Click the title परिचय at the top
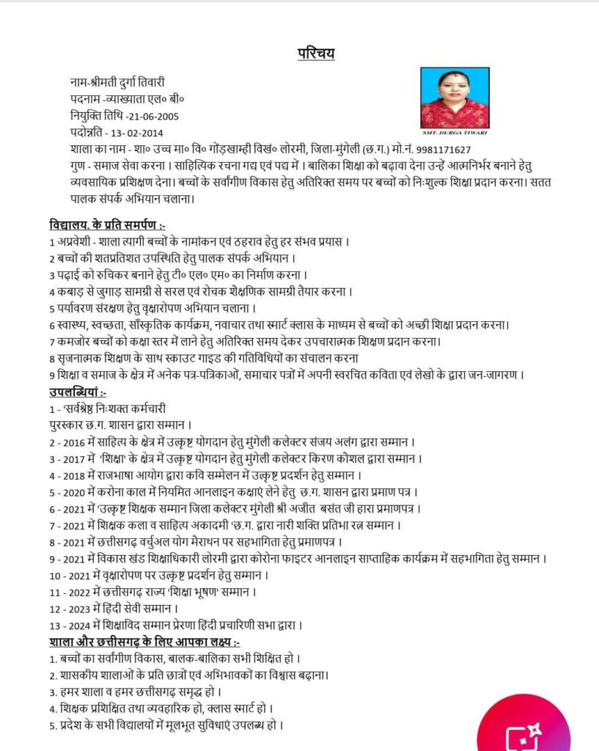tap(316, 54)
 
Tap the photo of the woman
tap(455, 98)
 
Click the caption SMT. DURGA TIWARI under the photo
tap(455, 133)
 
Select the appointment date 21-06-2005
tap(152, 115)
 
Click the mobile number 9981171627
tap(437, 150)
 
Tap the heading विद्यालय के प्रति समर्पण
tap(111, 224)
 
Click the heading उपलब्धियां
tap(78, 392)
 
